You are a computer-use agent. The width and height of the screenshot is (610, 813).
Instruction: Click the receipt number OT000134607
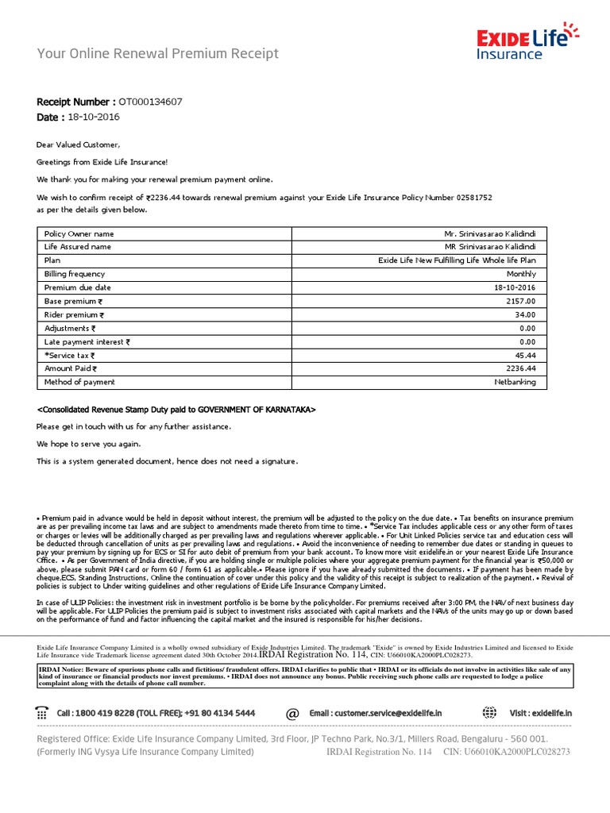pos(150,102)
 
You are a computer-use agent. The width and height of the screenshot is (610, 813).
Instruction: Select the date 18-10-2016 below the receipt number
pos(95,118)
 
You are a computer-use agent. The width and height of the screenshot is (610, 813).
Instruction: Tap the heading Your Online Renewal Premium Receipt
pos(158,54)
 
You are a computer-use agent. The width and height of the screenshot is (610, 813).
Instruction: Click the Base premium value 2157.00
pos(520,301)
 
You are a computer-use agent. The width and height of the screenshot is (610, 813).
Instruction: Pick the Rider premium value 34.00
pos(525,314)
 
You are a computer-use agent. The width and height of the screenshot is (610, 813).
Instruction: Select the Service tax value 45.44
pos(525,355)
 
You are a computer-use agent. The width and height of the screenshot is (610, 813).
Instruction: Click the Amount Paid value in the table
pos(520,368)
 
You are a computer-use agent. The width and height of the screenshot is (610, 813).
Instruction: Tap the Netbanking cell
pos(515,382)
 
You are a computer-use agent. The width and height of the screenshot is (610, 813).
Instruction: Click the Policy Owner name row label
pos(79,233)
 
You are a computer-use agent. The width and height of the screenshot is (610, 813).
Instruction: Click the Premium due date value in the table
pos(515,287)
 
